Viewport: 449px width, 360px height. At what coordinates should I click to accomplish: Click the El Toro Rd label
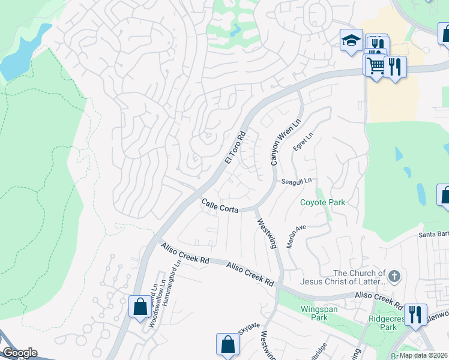click(x=236, y=148)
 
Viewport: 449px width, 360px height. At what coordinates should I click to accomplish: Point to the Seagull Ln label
click(x=297, y=181)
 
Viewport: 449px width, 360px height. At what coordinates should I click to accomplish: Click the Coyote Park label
click(x=323, y=202)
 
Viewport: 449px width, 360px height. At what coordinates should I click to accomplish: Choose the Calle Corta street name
click(x=220, y=205)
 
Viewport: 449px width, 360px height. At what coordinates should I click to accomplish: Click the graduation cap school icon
click(x=351, y=41)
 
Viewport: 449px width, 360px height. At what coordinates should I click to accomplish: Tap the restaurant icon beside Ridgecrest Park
click(x=415, y=314)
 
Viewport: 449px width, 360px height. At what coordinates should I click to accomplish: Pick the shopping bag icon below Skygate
click(x=228, y=344)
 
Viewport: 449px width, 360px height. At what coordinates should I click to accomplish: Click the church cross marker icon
click(x=394, y=277)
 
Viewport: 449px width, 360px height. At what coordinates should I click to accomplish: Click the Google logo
click(x=20, y=353)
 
